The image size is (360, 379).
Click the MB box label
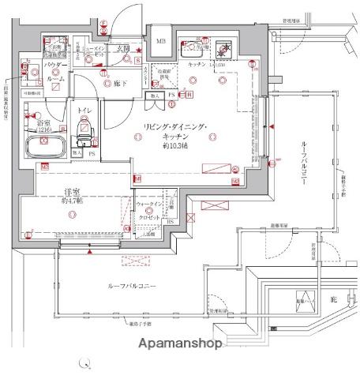point(161,41)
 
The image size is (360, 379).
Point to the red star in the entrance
point(139,52)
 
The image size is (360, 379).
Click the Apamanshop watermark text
point(180,343)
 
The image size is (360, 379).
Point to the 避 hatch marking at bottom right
point(332,299)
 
